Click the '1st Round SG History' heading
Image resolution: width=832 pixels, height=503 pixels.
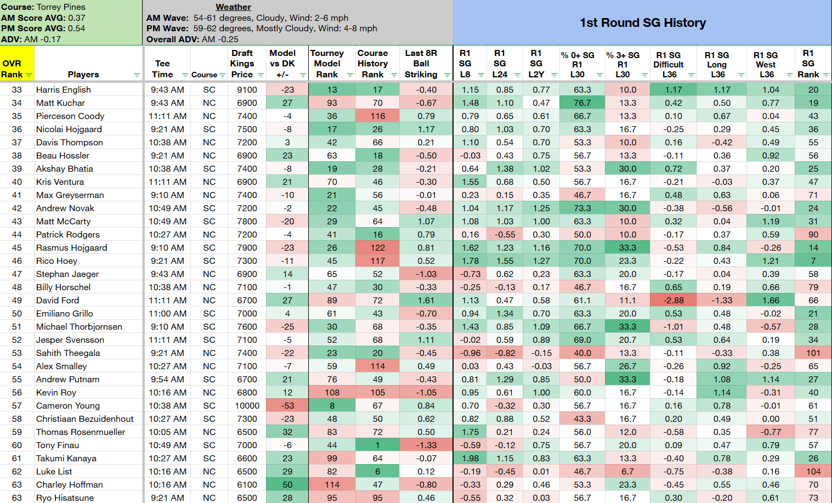click(x=643, y=22)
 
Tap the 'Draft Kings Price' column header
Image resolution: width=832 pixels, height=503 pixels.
click(x=242, y=64)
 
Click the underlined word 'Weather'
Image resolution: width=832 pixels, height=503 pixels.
click(x=233, y=7)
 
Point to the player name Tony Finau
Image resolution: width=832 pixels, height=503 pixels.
click(x=58, y=445)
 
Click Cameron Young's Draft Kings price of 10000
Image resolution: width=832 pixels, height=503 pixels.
click(x=247, y=406)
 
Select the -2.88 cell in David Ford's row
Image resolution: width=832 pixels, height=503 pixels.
click(x=673, y=300)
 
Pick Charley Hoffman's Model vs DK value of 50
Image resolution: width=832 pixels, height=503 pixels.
click(x=287, y=484)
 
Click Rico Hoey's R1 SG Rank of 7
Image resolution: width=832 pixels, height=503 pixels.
click(x=813, y=261)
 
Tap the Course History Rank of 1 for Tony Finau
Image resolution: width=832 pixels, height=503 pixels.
click(x=377, y=445)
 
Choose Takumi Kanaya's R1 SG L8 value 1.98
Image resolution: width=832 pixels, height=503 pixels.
click(x=470, y=458)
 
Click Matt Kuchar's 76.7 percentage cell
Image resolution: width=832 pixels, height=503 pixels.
click(x=582, y=103)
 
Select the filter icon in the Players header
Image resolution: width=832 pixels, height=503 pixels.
click(x=137, y=75)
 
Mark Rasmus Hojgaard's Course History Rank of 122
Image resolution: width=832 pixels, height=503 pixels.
click(x=377, y=248)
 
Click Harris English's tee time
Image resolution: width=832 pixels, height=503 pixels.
click(x=167, y=89)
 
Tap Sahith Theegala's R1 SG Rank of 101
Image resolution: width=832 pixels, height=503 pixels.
click(x=813, y=353)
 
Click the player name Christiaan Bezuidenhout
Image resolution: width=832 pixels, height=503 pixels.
click(x=84, y=419)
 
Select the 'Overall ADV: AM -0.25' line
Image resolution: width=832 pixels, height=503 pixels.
click(x=193, y=39)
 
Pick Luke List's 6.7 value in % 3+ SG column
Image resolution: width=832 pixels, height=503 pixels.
click(x=627, y=471)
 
